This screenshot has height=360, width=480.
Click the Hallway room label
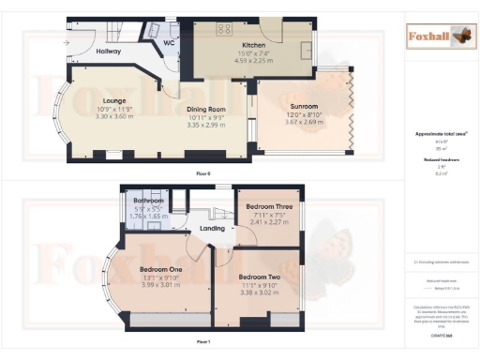pyautogui.click(x=108, y=52)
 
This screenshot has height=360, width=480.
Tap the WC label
pyautogui.click(x=170, y=43)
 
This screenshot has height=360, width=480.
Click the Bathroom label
pyautogui.click(x=149, y=201)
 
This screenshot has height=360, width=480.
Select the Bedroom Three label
pyautogui.click(x=268, y=205)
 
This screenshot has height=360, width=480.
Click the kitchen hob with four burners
pyautogui.click(x=225, y=29)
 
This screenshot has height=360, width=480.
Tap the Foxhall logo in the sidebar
pyautogui.click(x=439, y=37)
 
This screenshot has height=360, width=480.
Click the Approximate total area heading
pyautogui.click(x=439, y=134)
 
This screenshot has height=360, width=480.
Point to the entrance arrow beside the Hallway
pyautogui.click(x=67, y=43)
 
